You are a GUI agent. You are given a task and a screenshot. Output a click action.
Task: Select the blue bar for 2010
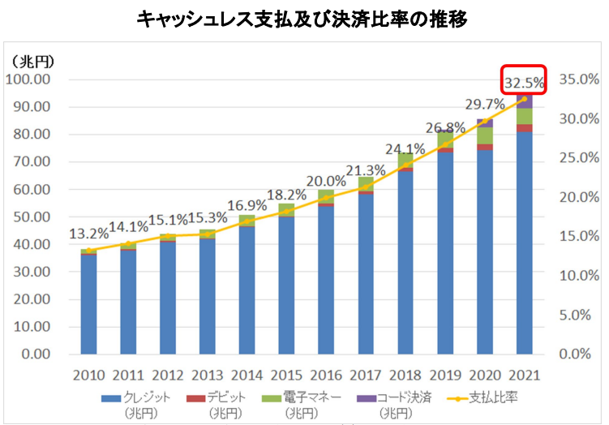point(88,304)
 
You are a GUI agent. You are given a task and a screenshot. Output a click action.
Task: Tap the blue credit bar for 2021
point(524,243)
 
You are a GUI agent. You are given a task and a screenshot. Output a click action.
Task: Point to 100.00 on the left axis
point(28,79)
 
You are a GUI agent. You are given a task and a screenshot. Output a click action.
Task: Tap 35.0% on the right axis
point(579,79)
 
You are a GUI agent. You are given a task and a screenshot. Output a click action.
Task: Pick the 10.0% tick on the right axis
point(579,276)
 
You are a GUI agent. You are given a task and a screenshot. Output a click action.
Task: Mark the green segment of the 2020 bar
point(484,135)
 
